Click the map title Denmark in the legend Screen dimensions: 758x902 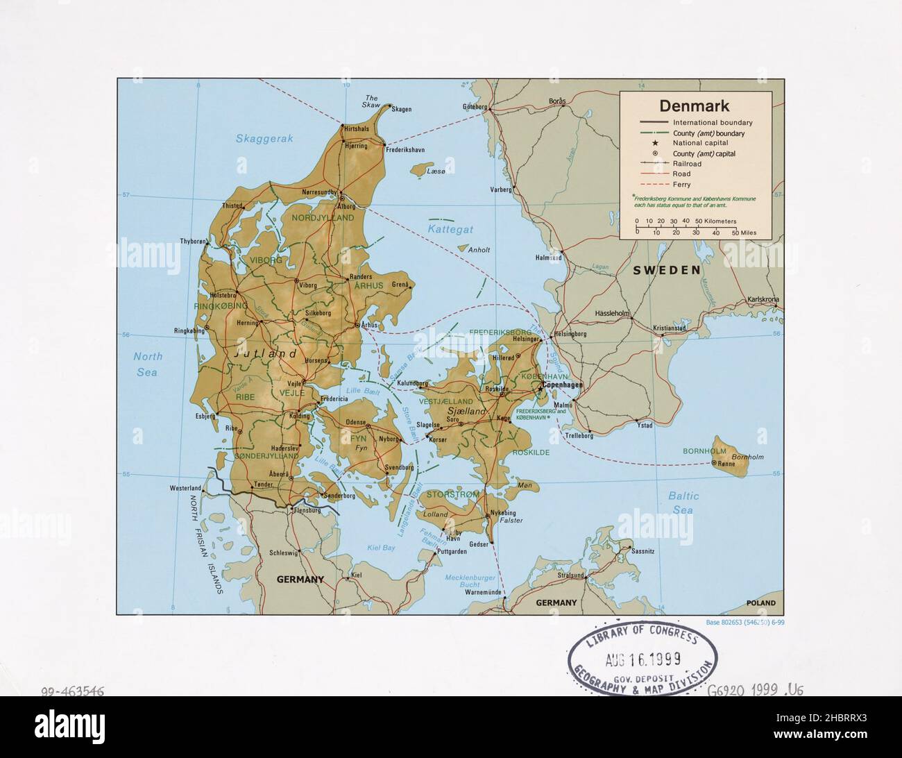[x=694, y=106]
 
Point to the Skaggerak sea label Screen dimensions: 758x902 [x=264, y=139]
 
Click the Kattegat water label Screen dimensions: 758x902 [x=450, y=228]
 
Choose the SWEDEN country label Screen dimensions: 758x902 [x=666, y=270]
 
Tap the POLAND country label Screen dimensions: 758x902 [x=760, y=603]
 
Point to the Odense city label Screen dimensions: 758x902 [x=356, y=422]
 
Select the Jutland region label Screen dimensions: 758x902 [x=266, y=354]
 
